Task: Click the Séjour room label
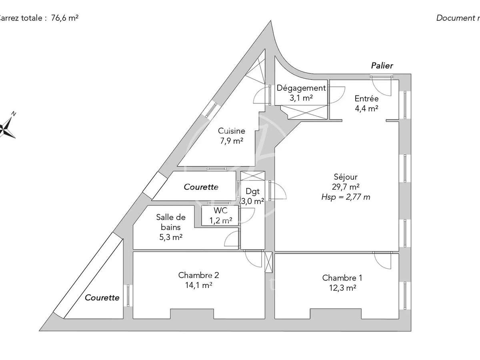tap(346, 177)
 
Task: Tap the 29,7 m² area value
tap(346, 186)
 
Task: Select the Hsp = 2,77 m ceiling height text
tap(346, 196)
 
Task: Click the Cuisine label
tap(231, 131)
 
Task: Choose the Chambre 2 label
tap(198, 275)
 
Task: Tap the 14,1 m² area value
tap(198, 285)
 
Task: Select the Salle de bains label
tap(170, 222)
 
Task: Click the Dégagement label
tap(302, 88)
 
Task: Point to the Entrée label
tap(366, 98)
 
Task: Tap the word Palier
tap(382, 65)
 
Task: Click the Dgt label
tap(253, 191)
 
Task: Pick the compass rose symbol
tap(7, 127)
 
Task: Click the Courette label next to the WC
tap(201, 187)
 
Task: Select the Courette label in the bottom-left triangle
tap(102, 298)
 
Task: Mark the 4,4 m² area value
tap(366, 108)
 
